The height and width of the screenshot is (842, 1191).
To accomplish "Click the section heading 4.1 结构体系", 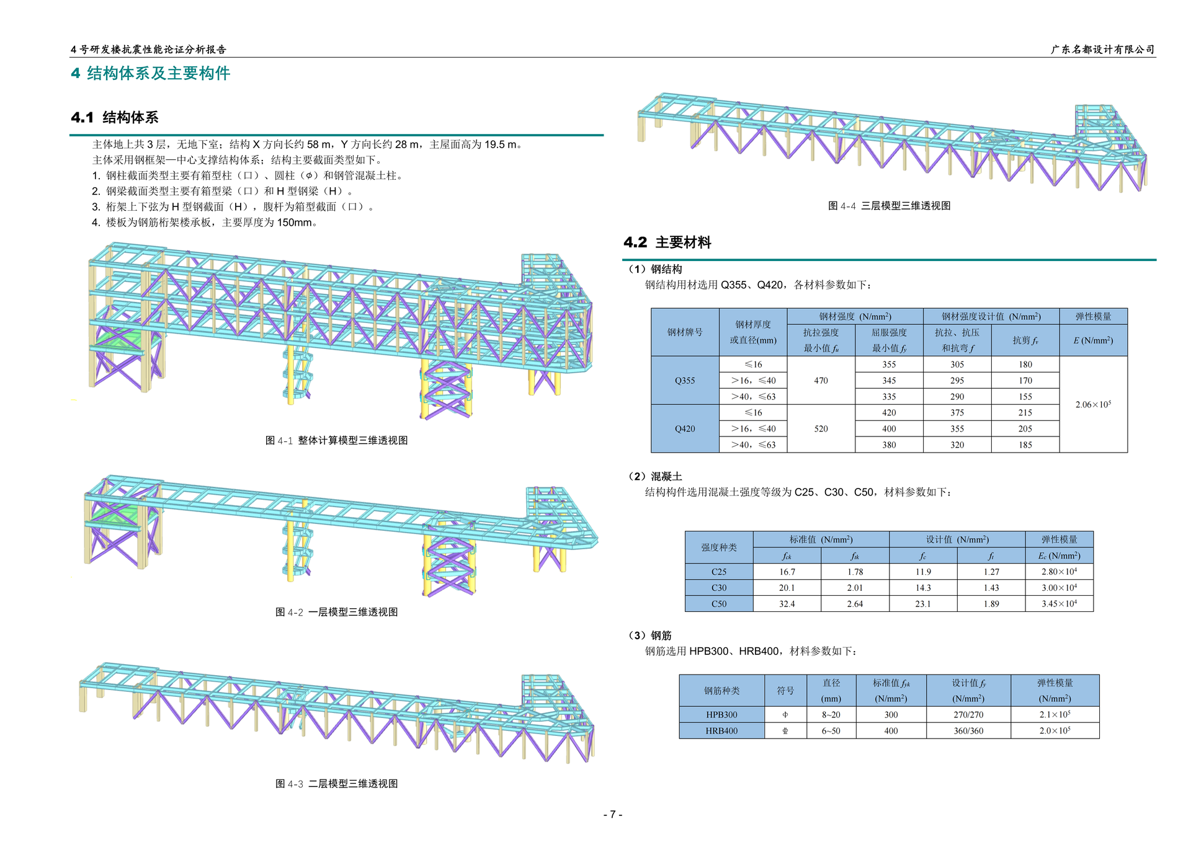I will pyautogui.click(x=115, y=117).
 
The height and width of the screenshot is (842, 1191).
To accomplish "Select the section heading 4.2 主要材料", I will pyautogui.click(x=667, y=242).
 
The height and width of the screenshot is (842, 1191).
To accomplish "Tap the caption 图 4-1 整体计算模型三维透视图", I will pyautogui.click(x=336, y=440).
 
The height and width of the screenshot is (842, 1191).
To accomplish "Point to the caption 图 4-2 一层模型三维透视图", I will pyautogui.click(x=336, y=612).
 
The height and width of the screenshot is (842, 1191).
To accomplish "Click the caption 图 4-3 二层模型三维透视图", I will pyautogui.click(x=336, y=784).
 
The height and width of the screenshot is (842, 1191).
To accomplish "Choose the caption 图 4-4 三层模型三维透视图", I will pyautogui.click(x=889, y=206).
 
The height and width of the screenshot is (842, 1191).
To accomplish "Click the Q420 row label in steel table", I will pyautogui.click(x=685, y=428).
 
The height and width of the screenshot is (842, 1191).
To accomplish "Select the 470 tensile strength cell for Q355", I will pyautogui.click(x=821, y=381).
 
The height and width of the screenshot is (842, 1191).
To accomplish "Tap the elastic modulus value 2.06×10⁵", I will pyautogui.click(x=1093, y=404).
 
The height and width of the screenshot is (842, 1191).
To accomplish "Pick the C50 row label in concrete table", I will pyautogui.click(x=719, y=604).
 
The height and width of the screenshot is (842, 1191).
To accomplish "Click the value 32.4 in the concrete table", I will pyautogui.click(x=787, y=604).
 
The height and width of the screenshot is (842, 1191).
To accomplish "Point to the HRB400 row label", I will pyautogui.click(x=721, y=731).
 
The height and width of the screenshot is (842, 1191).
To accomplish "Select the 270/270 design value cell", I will pyautogui.click(x=968, y=715).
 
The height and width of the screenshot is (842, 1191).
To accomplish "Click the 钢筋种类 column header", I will pyautogui.click(x=721, y=691).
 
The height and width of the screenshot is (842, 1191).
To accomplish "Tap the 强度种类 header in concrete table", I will pyautogui.click(x=719, y=547).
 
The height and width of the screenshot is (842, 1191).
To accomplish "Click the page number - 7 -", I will pyautogui.click(x=612, y=815).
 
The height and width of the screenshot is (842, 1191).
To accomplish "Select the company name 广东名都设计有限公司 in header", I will pyautogui.click(x=1102, y=50).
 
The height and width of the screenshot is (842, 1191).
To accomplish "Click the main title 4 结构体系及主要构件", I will pyautogui.click(x=151, y=73).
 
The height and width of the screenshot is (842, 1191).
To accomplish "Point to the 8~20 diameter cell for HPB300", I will pyautogui.click(x=831, y=715).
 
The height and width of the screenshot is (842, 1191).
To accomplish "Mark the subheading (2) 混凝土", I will pyautogui.click(x=656, y=476).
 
